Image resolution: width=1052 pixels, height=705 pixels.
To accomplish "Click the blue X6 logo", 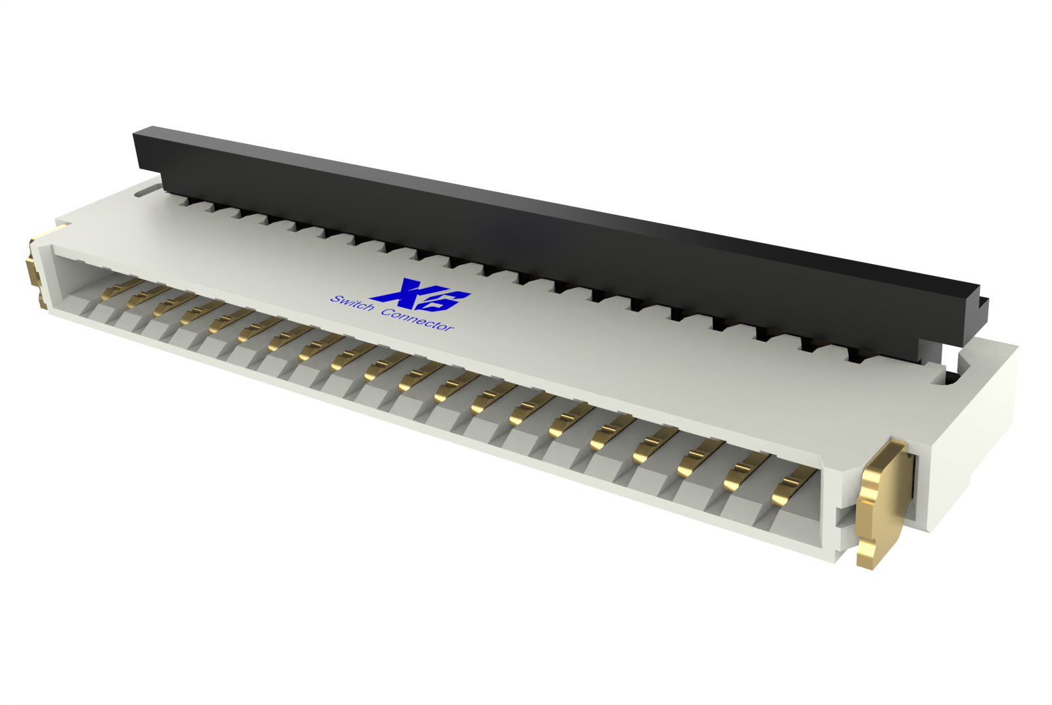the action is click(420, 295).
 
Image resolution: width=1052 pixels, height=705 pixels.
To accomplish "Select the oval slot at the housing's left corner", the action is click(147, 191).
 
